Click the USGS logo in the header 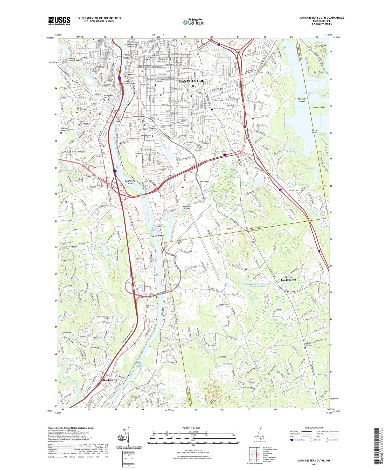click(59, 21)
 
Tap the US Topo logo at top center click(193, 22)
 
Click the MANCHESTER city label click(191, 81)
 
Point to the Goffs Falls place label click(157, 236)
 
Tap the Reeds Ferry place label click(110, 380)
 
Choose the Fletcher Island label click(301, 100)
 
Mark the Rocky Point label click(321, 46)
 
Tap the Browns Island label click(318, 107)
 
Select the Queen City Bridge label click(119, 119)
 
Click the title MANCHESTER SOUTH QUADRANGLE click(322, 18)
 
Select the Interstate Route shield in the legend click(292, 440)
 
